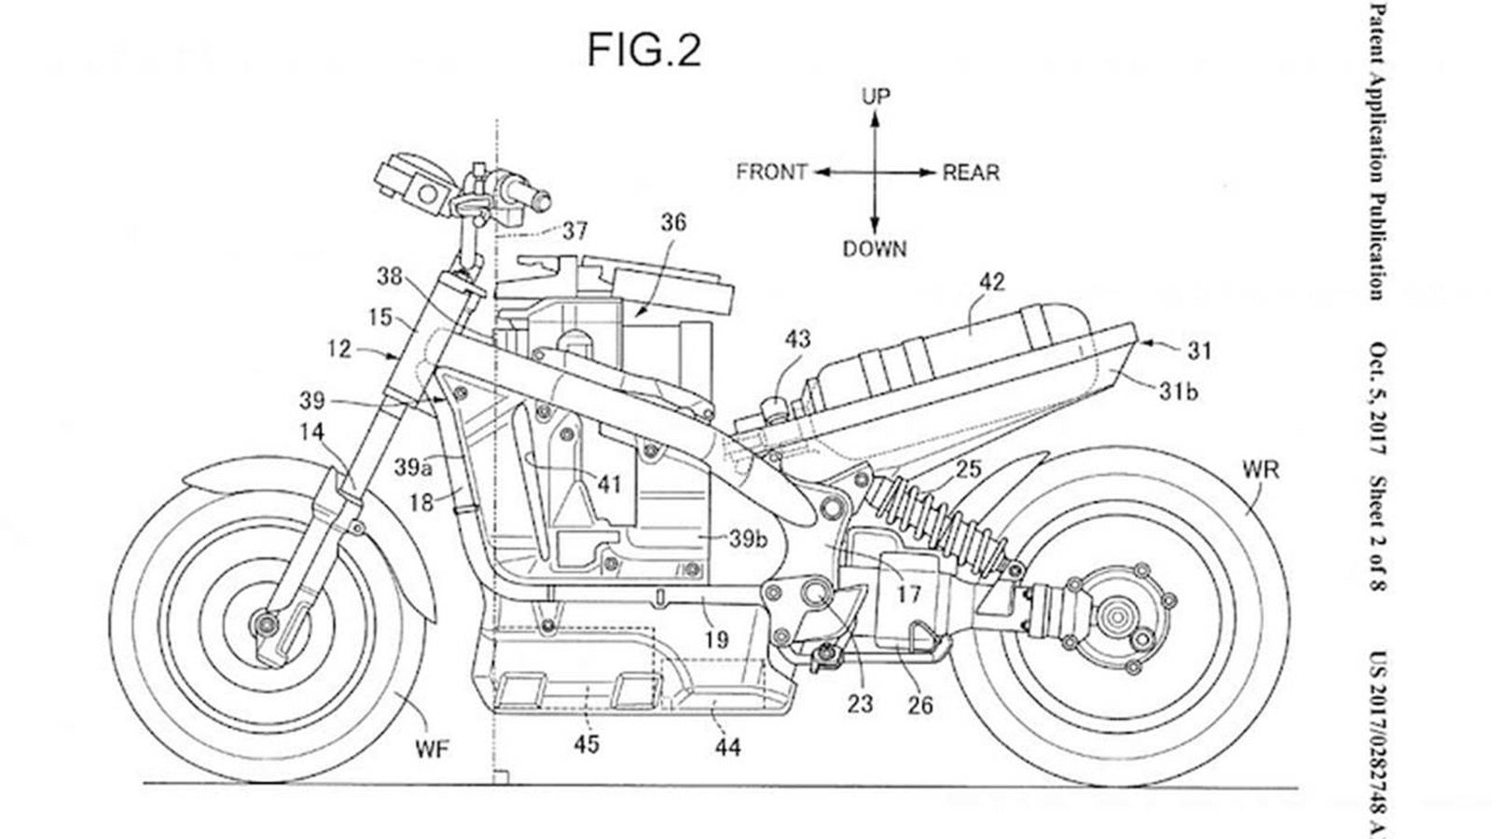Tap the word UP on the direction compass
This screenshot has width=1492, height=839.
876,96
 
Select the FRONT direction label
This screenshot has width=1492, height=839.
771,172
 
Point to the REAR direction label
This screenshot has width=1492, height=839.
971,172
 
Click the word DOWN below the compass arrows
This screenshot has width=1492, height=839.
875,249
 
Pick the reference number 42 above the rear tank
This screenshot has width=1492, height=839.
992,282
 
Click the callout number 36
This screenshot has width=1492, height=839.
673,222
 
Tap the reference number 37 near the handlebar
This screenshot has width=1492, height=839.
575,229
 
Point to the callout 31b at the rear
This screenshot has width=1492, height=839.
1178,392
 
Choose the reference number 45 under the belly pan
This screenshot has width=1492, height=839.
587,744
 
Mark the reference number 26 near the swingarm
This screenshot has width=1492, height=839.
919,705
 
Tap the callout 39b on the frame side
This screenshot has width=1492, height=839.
748,539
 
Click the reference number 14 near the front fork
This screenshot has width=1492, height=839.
312,431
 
